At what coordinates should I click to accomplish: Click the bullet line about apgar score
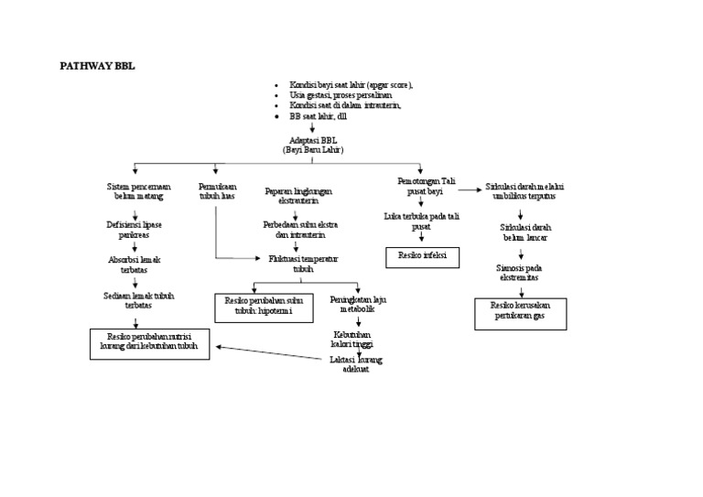(x=351, y=84)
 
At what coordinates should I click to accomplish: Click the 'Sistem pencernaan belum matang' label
(x=136, y=191)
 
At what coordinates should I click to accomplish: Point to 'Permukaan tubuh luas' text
(x=217, y=191)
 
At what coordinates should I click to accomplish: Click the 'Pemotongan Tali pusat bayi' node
(x=420, y=187)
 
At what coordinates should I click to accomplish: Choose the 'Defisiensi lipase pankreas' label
(x=134, y=229)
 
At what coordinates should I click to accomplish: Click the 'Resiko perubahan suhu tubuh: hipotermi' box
(x=257, y=307)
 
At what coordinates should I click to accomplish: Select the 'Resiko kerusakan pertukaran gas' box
(x=520, y=313)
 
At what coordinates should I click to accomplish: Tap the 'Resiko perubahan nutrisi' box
(x=149, y=342)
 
